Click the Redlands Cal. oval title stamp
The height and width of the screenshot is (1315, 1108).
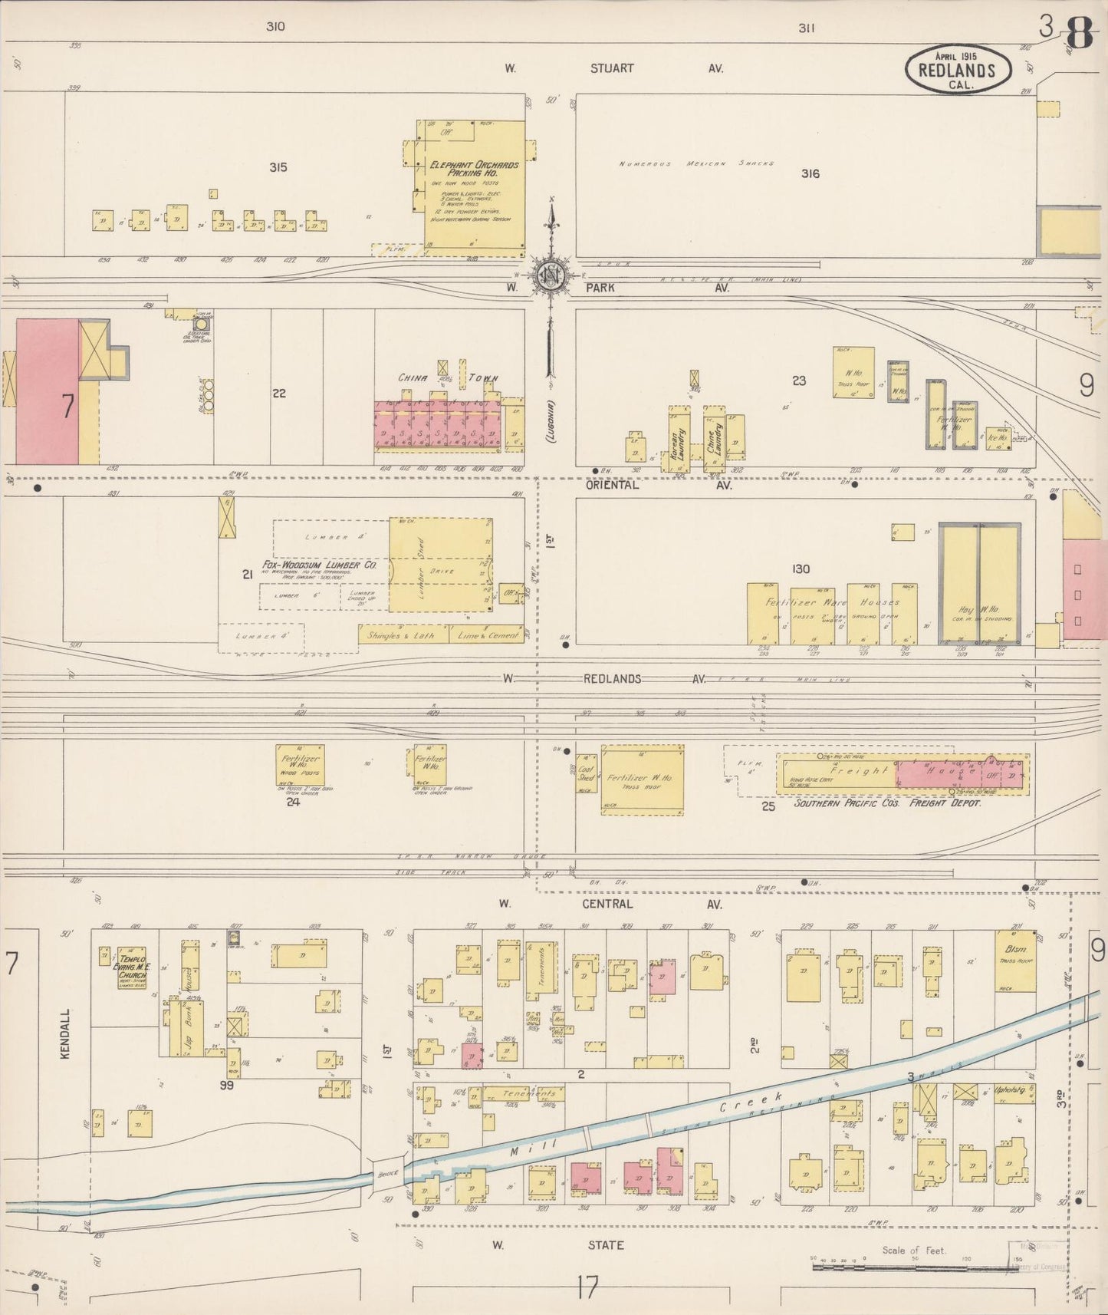click(958, 70)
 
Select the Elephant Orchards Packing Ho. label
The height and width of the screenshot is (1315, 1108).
click(474, 169)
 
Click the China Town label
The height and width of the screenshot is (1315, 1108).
click(448, 378)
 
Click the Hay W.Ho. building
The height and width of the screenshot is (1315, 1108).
click(979, 585)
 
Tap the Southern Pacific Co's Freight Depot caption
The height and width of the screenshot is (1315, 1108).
click(887, 803)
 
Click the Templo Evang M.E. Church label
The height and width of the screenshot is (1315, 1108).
click(133, 969)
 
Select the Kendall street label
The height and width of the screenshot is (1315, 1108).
click(65, 1034)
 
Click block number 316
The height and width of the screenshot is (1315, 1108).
click(810, 174)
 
